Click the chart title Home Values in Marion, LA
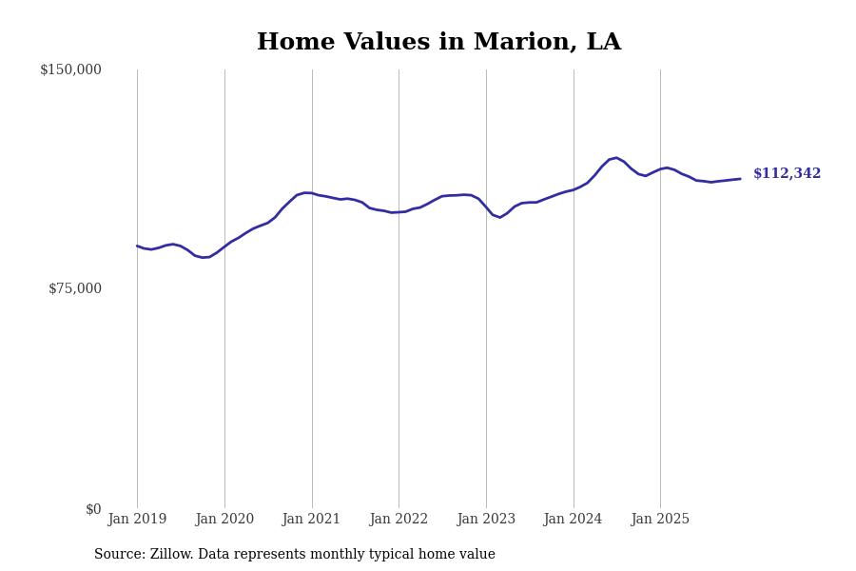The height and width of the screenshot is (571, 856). coord(438,43)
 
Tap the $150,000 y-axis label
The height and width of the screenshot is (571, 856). coord(70,69)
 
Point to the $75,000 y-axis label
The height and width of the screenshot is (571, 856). coord(74,288)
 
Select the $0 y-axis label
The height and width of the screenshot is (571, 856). coord(93,509)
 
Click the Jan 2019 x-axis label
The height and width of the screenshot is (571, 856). coord(137,520)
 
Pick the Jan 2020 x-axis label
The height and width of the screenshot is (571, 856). coord(224,520)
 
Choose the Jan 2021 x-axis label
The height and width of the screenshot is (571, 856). coord(312,520)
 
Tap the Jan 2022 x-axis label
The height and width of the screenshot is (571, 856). coord(399,520)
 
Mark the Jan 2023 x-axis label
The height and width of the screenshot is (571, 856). coord(486,520)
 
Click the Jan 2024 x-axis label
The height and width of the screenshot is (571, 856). coord(573,520)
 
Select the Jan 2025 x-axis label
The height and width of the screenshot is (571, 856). coord(660,520)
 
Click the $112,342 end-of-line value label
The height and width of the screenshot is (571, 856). coord(787,174)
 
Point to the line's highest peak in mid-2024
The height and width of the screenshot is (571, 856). coord(616,158)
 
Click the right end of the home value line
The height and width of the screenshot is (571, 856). coord(740,179)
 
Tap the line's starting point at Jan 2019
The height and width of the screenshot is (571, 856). coord(137,246)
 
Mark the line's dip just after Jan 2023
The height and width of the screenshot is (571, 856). coord(500,217)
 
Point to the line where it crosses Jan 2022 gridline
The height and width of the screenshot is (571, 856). coord(399,211)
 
